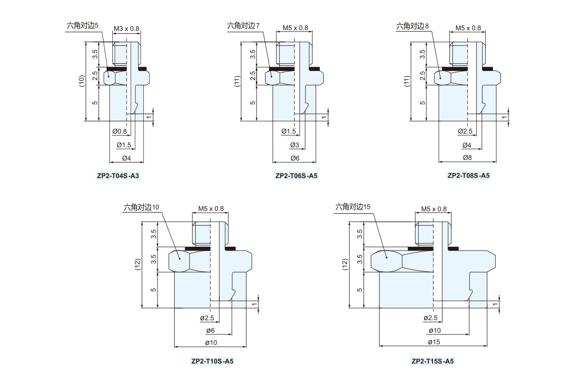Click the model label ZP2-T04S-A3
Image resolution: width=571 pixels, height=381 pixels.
pos(118,176)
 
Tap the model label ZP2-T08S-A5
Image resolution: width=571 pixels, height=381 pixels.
pos(468,175)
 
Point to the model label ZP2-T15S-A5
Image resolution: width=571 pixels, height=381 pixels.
pos(433,361)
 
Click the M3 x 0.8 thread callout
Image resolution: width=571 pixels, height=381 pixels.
pos(127,29)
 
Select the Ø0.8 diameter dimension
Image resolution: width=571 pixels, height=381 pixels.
pos(120,131)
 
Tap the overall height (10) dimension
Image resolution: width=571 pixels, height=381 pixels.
pos(82,81)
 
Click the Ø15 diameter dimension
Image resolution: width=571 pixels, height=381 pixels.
pos(433,342)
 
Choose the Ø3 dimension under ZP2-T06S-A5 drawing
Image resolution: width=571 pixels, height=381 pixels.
pos(294,145)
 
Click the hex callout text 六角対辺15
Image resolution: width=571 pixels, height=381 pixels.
pos(353,207)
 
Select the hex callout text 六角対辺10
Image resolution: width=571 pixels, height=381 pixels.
pos(142,207)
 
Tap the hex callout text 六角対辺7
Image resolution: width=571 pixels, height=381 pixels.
pos(244,26)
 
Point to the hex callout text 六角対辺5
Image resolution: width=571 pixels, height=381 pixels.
pos(82,26)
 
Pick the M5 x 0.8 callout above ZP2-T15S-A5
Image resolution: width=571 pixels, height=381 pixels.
pos(434,209)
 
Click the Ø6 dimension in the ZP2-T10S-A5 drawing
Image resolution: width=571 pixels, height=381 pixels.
pos(210,331)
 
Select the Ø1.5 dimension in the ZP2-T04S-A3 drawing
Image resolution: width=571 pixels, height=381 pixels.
pos(124,145)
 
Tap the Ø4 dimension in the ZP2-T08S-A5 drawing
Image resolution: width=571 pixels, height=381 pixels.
pos(466,145)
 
